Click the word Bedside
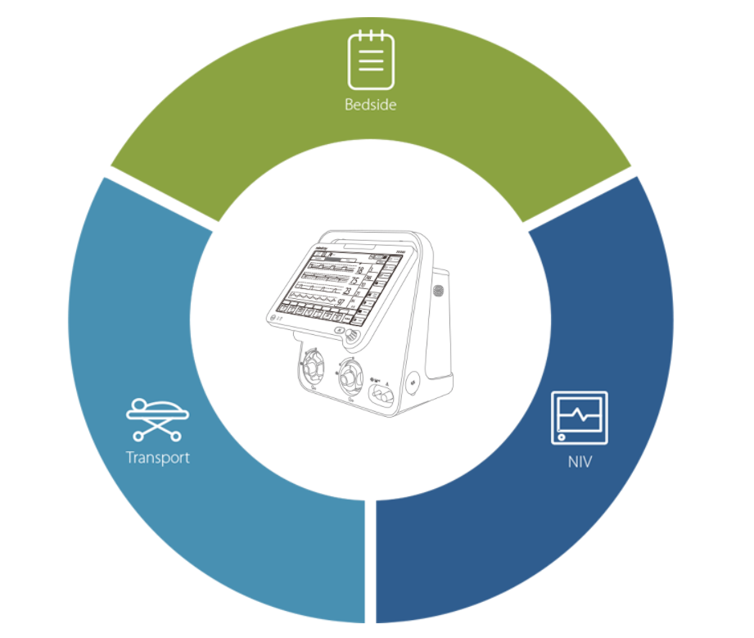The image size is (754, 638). coord(370,105)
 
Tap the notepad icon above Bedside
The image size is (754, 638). coord(370,59)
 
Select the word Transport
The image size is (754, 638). coord(158,457)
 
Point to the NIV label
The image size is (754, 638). coord(580,462)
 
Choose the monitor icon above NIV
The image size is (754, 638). coord(580,418)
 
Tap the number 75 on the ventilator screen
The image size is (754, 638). coord(358,284)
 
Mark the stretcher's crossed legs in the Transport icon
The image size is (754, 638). coord(158,427)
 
